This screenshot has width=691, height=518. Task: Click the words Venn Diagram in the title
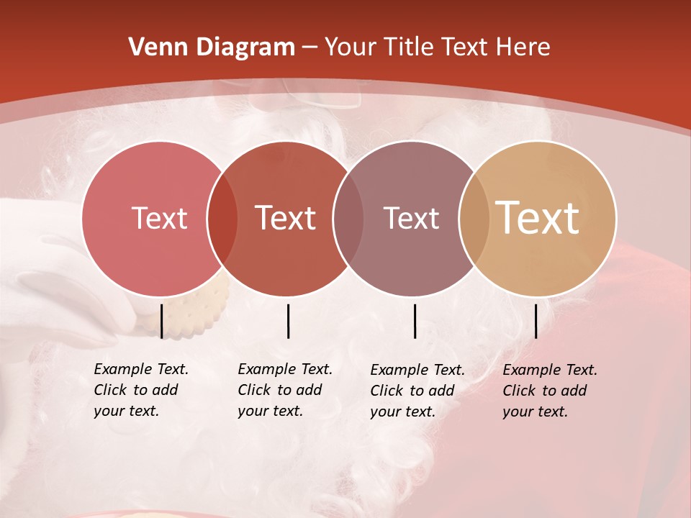click(212, 47)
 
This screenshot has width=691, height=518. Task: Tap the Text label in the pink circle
click(159, 218)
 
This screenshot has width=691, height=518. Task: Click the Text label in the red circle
click(285, 218)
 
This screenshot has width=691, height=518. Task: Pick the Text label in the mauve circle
click(411, 218)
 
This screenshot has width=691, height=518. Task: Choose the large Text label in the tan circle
click(538, 218)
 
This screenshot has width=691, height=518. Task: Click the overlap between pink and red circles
click(222, 218)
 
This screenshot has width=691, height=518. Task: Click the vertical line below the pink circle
click(162, 321)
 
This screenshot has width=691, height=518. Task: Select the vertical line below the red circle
click(288, 321)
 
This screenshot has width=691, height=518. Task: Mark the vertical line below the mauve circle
click(415, 321)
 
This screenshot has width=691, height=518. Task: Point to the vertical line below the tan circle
click(536, 321)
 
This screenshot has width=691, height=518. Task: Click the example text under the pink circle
click(140, 390)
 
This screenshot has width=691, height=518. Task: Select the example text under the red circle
click(284, 390)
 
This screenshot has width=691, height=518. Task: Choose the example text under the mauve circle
click(417, 391)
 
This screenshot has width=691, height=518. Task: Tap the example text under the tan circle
click(549, 391)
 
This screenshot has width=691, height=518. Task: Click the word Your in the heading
click(351, 47)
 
